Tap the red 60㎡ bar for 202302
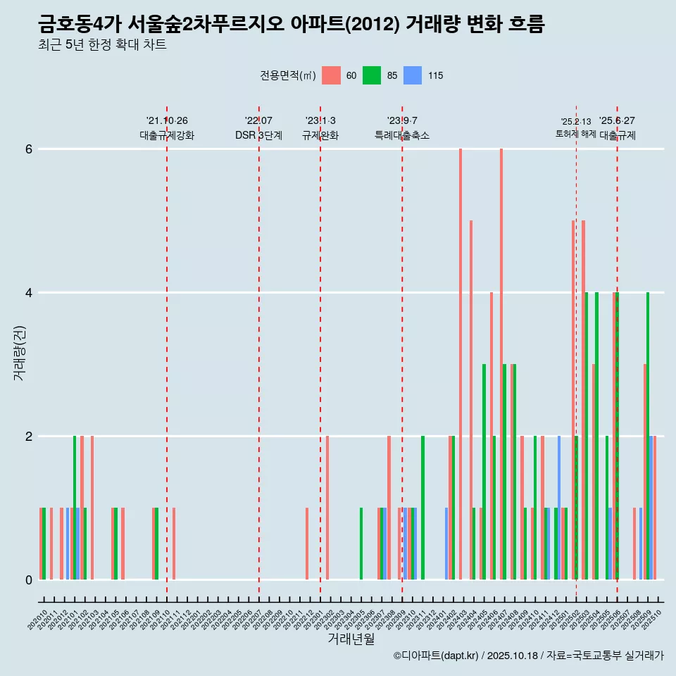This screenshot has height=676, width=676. point(327,508)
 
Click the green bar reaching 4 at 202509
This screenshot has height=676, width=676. point(648,436)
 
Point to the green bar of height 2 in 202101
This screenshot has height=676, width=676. point(75,508)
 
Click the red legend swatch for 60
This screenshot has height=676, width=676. point(331,75)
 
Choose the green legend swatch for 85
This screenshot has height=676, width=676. point(372,75)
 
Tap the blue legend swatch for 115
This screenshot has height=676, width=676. point(413,75)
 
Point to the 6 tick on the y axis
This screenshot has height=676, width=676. point(29,149)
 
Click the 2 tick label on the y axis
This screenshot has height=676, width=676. point(29,437)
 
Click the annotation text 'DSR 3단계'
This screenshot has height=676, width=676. point(258,135)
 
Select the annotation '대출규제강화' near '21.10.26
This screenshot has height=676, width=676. point(167,135)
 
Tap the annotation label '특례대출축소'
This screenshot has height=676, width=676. point(402,135)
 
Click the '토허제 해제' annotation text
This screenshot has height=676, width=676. point(576,134)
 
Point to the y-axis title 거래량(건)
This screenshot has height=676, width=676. point(19,353)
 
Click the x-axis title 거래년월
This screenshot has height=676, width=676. point(351,639)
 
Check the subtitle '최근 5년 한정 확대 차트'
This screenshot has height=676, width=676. point(103,45)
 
